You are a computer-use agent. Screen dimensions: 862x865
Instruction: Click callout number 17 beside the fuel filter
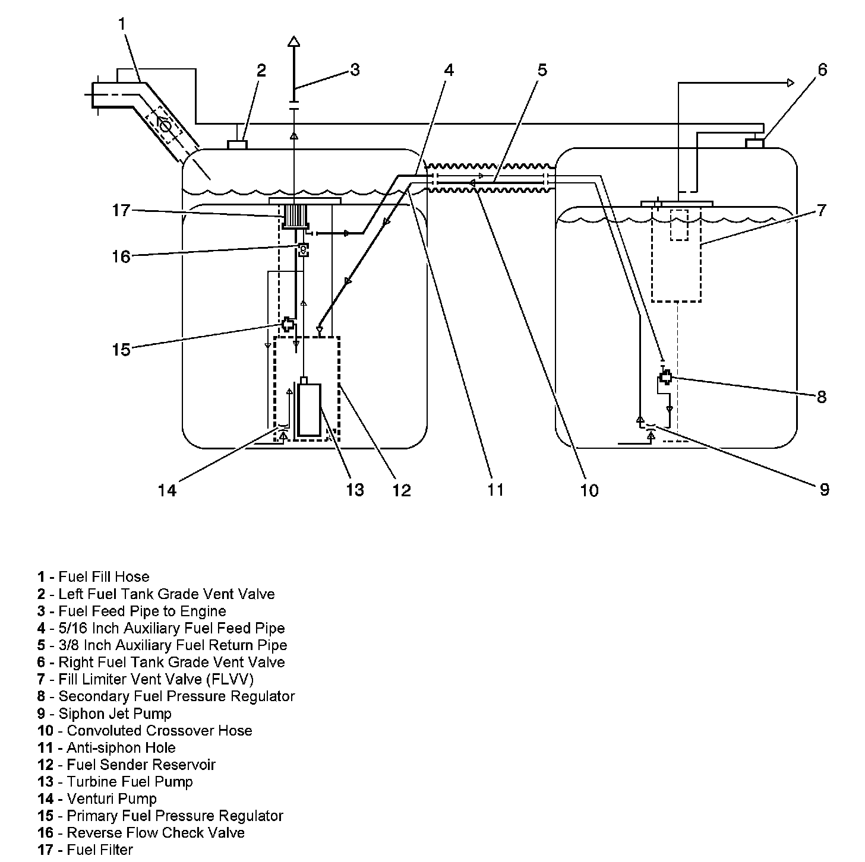[x=121, y=210]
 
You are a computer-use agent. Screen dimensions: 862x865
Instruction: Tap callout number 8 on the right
[x=822, y=397]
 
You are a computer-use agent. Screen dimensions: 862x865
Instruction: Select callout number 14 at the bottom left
[x=168, y=490]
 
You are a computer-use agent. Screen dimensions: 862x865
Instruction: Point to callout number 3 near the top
[x=355, y=70]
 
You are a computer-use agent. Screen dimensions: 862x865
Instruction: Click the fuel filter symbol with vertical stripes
[x=294, y=216]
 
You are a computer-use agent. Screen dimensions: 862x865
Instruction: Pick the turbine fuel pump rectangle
[x=310, y=410]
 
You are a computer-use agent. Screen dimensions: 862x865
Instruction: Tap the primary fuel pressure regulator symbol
[x=288, y=324]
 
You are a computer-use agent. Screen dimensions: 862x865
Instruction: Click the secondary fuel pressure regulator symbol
[x=666, y=376]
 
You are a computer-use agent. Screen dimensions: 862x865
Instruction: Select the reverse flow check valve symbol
[x=303, y=249]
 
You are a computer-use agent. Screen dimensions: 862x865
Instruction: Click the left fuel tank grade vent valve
[x=238, y=144]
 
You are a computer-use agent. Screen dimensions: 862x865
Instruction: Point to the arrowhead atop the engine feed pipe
[x=293, y=42]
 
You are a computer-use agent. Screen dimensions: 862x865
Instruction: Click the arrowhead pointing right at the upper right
[x=790, y=83]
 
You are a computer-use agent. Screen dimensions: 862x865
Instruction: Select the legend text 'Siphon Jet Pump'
[x=115, y=714]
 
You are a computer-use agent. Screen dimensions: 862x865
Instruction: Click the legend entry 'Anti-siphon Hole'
[x=121, y=748]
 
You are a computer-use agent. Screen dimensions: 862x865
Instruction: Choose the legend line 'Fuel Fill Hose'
[x=103, y=577]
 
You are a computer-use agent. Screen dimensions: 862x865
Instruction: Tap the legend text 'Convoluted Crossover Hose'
[x=159, y=731]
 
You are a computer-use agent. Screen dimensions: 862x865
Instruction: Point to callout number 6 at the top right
[x=822, y=70]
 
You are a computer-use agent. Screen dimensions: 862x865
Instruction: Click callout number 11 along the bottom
[x=495, y=490]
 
